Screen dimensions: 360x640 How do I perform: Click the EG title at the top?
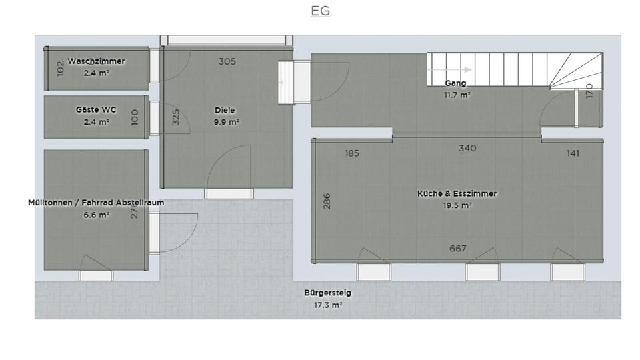click(320, 11)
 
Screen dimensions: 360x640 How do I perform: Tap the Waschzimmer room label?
click(96, 61)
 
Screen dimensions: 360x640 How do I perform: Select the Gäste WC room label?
click(96, 110)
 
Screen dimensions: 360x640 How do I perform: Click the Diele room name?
click(225, 111)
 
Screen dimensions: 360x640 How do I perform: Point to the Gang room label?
click(456, 83)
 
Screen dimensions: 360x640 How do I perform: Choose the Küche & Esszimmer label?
click(457, 194)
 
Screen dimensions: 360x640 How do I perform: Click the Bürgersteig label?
click(327, 293)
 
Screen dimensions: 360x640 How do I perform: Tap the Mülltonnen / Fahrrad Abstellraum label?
click(96, 203)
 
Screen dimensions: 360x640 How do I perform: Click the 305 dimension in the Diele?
click(227, 61)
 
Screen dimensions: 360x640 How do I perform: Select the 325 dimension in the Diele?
click(176, 117)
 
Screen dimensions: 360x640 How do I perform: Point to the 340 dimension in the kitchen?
click(467, 148)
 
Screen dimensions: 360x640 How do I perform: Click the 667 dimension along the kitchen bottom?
click(457, 249)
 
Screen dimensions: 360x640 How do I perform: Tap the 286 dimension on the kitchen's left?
click(327, 201)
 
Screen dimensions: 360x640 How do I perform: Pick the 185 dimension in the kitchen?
click(352, 153)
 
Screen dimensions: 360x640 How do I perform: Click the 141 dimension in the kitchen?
click(573, 153)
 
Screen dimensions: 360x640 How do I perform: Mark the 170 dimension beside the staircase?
click(589, 91)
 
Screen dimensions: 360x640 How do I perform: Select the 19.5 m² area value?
click(457, 206)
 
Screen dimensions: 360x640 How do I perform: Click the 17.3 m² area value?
click(327, 305)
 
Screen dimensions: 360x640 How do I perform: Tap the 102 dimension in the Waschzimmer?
click(61, 68)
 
